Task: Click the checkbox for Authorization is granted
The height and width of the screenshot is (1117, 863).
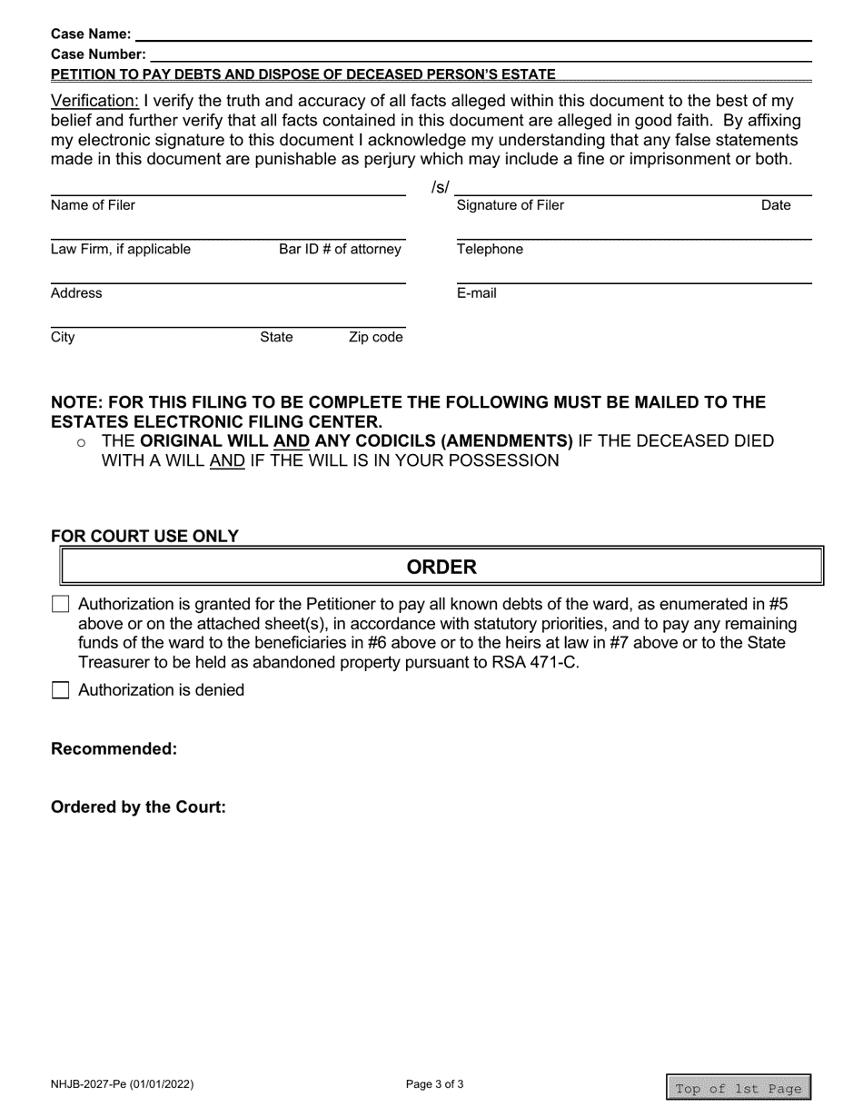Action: (x=60, y=604)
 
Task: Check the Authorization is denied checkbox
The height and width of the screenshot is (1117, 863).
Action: (x=60, y=690)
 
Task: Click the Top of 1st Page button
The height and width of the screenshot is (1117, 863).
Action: (x=738, y=1088)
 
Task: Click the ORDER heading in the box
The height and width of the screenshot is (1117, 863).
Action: (x=441, y=568)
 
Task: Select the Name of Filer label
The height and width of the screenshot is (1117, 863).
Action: (x=93, y=205)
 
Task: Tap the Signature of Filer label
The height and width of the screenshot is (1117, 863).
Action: (x=510, y=205)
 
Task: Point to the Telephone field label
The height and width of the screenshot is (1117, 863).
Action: (x=490, y=249)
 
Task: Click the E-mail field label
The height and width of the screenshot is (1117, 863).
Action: (x=476, y=293)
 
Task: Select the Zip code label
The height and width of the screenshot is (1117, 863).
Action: (x=375, y=338)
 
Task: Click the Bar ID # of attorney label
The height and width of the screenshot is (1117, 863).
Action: (x=340, y=249)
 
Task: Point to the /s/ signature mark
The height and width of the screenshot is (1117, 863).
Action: (x=440, y=188)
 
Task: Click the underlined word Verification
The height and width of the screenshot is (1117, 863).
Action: (x=94, y=101)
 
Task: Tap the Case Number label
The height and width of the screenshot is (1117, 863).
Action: (x=98, y=54)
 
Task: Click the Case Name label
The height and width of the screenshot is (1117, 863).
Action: (x=91, y=35)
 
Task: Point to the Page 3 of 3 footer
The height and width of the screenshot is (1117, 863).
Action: (x=435, y=1083)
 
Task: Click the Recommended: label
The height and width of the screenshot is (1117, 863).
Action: (x=114, y=749)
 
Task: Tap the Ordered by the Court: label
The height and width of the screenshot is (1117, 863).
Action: (x=138, y=807)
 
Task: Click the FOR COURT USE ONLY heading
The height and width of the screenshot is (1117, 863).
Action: (x=144, y=536)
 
